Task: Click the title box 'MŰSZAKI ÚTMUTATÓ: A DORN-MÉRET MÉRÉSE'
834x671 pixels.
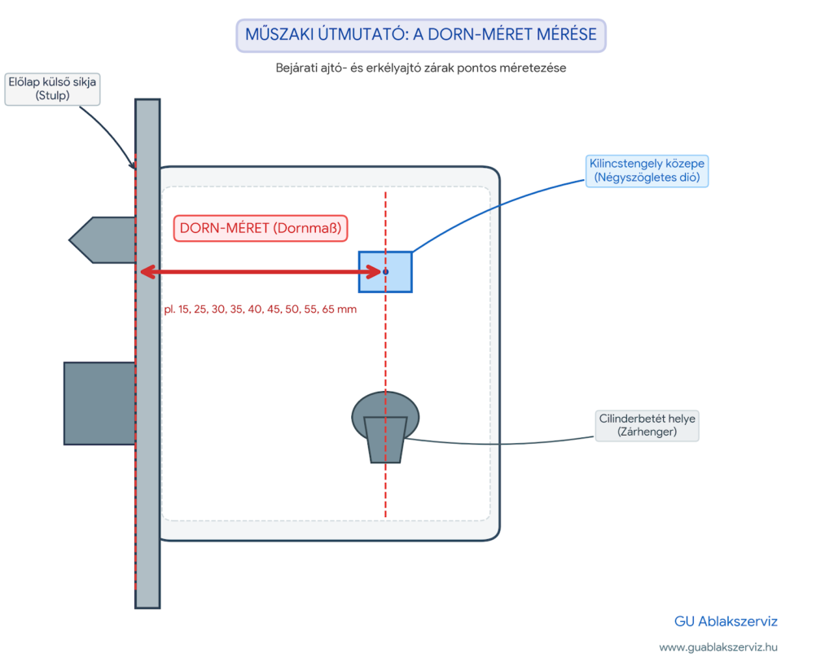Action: click(421, 35)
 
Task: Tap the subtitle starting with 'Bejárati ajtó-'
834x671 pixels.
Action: click(421, 68)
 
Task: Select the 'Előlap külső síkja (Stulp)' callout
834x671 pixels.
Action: click(52, 89)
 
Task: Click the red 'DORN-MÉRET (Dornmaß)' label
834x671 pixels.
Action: click(261, 228)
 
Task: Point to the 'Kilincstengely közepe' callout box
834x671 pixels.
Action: click(647, 171)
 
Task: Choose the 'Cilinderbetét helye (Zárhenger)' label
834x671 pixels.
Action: click(647, 425)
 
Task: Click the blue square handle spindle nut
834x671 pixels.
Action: click(385, 272)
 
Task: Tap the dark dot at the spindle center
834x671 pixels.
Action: click(385, 272)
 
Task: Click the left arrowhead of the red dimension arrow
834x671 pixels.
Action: click(147, 272)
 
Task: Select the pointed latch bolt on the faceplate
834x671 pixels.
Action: click(102, 239)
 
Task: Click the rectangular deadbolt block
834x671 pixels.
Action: click(99, 404)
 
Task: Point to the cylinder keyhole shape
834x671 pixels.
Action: click(385, 427)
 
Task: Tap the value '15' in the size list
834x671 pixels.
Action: click(184, 309)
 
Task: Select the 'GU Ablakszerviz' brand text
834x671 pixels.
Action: click(726, 621)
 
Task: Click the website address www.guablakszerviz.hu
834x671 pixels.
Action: click(718, 647)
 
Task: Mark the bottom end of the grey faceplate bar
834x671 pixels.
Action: click(147, 607)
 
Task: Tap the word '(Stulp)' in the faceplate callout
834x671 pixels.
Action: click(52, 96)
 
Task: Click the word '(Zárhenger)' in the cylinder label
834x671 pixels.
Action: click(647, 432)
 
